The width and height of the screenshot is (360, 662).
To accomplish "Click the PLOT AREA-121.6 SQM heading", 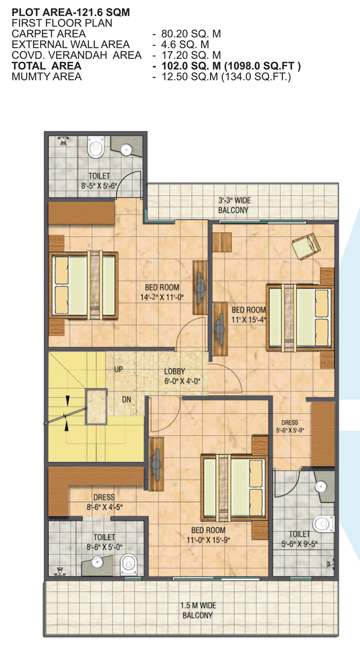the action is (x=70, y=12).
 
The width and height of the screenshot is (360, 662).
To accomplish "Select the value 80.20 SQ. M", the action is (x=191, y=34).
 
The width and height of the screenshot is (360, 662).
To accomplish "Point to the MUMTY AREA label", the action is (x=46, y=77).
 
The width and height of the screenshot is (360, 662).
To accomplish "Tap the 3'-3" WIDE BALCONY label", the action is (x=233, y=206).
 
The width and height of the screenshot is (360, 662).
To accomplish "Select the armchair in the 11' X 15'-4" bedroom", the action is (x=306, y=247).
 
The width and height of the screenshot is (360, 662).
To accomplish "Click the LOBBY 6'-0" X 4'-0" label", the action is (x=182, y=376).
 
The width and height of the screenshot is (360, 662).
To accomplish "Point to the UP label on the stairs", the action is (x=118, y=370).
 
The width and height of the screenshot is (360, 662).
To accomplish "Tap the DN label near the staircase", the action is (x=127, y=399).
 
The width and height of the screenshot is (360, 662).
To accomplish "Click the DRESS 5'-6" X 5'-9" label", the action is (x=290, y=427).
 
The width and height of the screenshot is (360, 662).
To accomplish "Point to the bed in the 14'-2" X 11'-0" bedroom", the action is (x=84, y=285).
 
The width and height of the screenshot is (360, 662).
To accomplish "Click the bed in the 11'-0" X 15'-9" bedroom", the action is (x=234, y=488).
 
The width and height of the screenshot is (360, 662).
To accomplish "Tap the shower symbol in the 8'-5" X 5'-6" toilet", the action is (x=63, y=141).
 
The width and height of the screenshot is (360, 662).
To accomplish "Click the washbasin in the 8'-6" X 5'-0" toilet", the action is (x=97, y=562).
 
